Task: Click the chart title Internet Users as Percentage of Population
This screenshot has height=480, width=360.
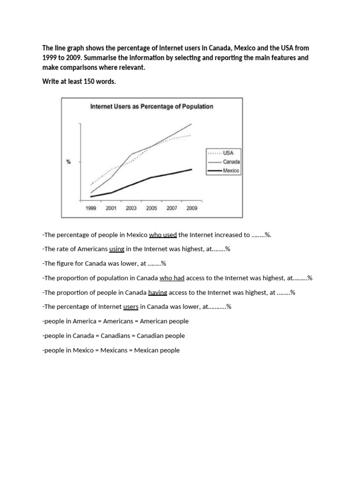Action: point(151,106)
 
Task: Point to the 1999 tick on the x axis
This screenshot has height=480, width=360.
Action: point(91,209)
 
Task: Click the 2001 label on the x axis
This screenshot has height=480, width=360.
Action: point(111,209)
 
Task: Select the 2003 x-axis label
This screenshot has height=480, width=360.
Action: point(131,209)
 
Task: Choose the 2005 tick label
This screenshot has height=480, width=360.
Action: point(151,209)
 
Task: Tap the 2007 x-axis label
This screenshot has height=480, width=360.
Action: point(172,209)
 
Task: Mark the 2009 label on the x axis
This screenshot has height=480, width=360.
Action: point(192,209)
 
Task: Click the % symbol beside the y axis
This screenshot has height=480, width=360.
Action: point(68,162)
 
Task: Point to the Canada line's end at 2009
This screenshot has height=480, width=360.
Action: point(191,124)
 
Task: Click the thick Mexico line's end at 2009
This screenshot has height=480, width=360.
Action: point(191,169)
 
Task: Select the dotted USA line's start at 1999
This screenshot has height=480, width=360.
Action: point(91,185)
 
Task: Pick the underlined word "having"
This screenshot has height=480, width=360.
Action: point(157,292)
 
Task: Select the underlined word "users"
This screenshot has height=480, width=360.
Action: point(131,307)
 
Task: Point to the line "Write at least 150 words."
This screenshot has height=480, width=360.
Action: point(79,82)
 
